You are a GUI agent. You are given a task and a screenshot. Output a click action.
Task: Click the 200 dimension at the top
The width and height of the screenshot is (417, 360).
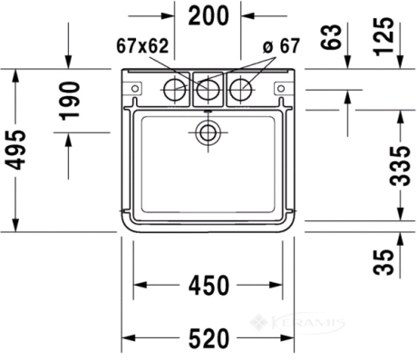pyautogui.click(x=208, y=15)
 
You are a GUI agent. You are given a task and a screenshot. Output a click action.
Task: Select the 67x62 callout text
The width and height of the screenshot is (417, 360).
pyautogui.click(x=142, y=46)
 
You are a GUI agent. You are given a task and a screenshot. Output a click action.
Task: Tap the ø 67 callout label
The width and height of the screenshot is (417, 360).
pyautogui.click(x=281, y=45)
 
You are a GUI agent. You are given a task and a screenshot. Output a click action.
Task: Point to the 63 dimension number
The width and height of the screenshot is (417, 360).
pyautogui.click(x=331, y=37)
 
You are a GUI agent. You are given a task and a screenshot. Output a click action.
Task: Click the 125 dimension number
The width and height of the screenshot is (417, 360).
pyautogui.click(x=383, y=37)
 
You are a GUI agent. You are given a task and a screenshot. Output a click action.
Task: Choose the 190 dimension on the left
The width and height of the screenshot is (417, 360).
pyautogui.click(x=70, y=101)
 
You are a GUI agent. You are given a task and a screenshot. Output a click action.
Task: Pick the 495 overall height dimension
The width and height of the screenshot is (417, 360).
pyautogui.click(x=15, y=150)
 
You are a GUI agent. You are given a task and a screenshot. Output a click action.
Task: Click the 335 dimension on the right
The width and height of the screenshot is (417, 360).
pyautogui.click(x=400, y=166)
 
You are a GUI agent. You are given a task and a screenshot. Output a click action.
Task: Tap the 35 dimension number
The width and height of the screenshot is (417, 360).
pyautogui.click(x=383, y=262)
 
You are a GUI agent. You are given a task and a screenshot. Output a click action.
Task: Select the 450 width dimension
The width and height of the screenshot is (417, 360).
pyautogui.click(x=208, y=285)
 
